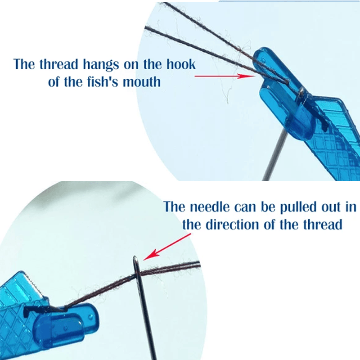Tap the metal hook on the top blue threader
[301, 93]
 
